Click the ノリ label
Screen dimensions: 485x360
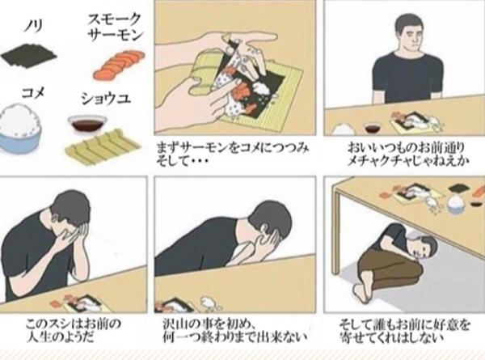pyautogui.click(x=33, y=26)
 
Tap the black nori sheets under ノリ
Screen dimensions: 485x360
pyautogui.click(x=29, y=57)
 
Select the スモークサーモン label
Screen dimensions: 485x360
pyautogui.click(x=115, y=28)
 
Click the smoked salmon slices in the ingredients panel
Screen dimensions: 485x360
pyautogui.click(x=119, y=65)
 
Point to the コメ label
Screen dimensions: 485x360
pyautogui.click(x=33, y=92)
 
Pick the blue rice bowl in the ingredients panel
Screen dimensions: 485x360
pyautogui.click(x=19, y=129)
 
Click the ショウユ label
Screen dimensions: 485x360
pyautogui.click(x=106, y=99)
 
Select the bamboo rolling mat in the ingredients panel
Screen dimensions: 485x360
pyautogui.click(x=103, y=145)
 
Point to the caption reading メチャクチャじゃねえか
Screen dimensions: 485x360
pyautogui.click(x=407, y=161)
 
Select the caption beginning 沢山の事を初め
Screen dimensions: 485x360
pyautogui.click(x=235, y=330)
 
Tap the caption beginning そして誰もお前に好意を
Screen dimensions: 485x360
pyautogui.click(x=405, y=330)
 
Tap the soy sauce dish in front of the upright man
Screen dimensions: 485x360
pyautogui.click(x=373, y=128)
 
